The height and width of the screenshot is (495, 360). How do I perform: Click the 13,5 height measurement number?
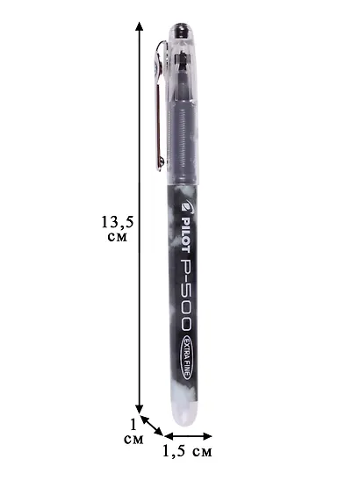118,223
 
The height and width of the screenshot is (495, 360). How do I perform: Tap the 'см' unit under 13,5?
117,237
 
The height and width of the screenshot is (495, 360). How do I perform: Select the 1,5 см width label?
187,451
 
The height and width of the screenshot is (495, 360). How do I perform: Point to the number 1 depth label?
133,425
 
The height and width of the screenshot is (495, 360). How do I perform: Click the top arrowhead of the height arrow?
140,25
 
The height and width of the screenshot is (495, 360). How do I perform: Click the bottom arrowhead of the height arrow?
140,408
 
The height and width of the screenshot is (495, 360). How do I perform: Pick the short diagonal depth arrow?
152,426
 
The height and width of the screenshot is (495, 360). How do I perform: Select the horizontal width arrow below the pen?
188,436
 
